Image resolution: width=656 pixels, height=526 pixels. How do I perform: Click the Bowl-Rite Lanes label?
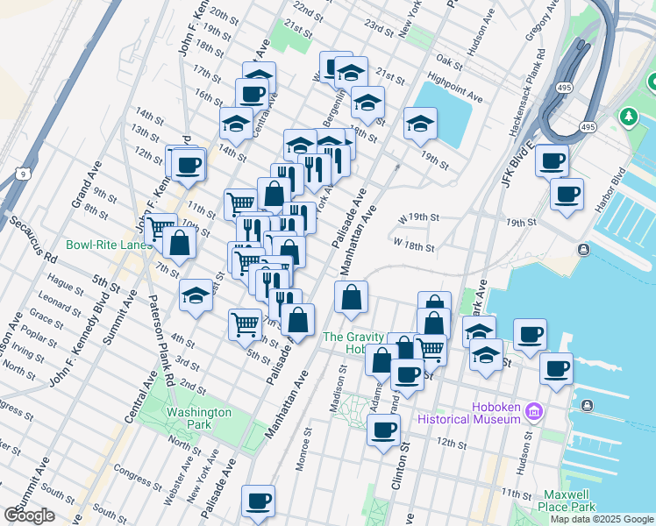108,245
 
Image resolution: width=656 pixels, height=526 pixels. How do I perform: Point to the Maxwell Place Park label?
569,501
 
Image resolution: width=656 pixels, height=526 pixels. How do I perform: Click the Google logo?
29,515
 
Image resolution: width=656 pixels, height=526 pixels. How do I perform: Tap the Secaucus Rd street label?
33,241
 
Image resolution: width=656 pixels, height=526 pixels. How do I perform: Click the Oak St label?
448,62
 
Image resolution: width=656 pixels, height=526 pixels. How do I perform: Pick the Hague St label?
65,283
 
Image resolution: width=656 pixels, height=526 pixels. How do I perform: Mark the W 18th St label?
414,246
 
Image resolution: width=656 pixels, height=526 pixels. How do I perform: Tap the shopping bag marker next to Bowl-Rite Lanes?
179,245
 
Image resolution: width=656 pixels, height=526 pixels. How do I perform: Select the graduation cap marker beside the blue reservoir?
421,125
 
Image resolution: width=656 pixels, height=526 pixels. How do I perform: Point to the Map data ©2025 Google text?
602,519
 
